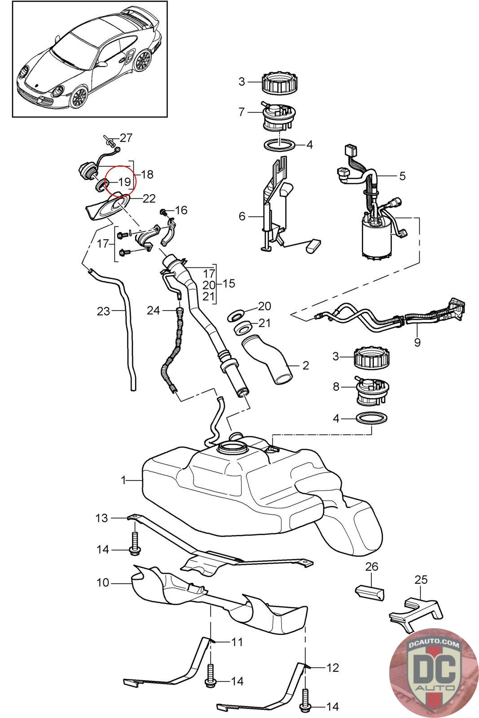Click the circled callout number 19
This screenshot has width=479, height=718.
[124, 182]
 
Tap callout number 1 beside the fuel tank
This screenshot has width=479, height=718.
[124, 480]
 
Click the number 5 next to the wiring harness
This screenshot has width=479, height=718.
[402, 175]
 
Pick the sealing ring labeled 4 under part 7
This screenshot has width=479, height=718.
[279, 145]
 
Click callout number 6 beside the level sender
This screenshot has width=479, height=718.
[242, 217]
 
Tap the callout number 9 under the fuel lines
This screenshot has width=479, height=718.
[417, 342]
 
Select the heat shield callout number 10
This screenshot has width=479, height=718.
[103, 582]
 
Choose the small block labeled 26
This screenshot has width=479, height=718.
[370, 591]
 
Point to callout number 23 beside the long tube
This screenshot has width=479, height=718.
[103, 311]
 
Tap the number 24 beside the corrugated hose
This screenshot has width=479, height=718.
[154, 310]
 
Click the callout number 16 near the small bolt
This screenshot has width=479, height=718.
[181, 210]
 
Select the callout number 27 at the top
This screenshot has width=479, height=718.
[126, 137]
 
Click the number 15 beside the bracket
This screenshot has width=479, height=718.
[229, 284]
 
